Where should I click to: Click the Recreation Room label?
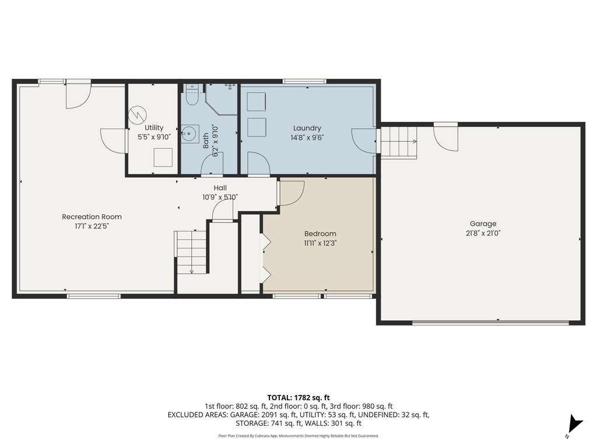[x=92, y=217]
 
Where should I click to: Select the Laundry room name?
[x=307, y=128]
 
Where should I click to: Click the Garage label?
[x=483, y=223]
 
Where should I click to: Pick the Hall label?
[x=220, y=188]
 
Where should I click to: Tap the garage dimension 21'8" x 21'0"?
[x=483, y=232]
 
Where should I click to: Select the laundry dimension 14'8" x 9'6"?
[x=307, y=138]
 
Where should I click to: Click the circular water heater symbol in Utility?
[x=138, y=113]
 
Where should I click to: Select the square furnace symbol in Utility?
[x=163, y=157]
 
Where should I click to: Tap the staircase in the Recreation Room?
[x=191, y=252]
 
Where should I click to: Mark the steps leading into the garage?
[x=399, y=142]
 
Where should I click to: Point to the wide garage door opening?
[x=490, y=322]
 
